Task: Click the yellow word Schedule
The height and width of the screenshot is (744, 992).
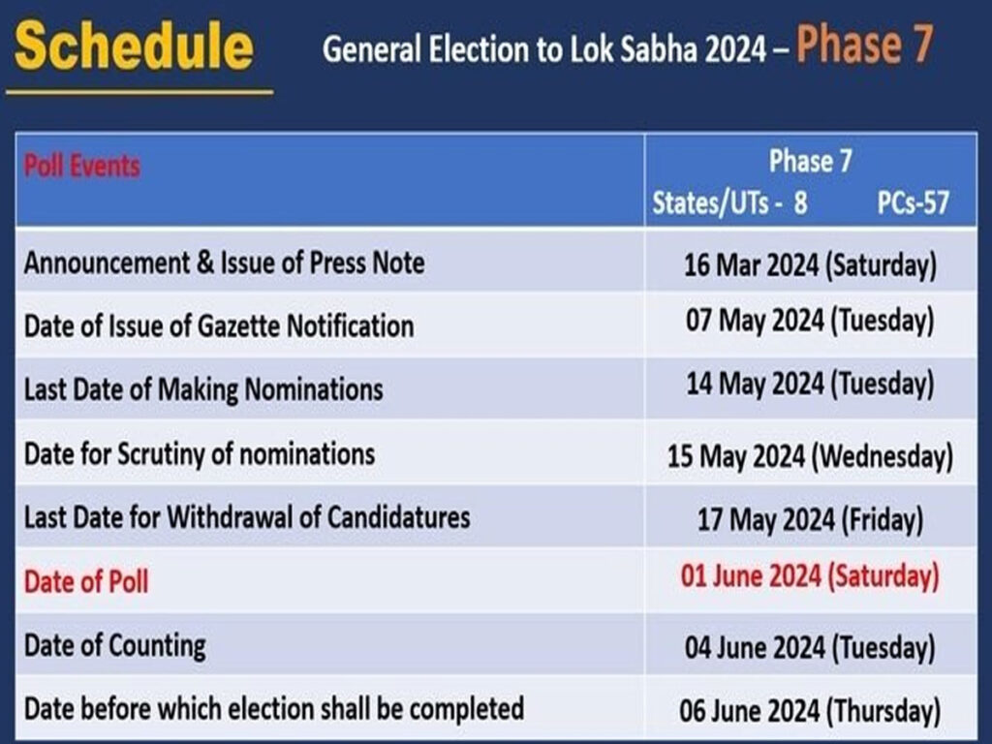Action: click(134, 45)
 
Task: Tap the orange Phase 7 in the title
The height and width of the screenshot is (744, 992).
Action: click(864, 44)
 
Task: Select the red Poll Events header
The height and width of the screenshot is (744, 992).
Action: click(81, 166)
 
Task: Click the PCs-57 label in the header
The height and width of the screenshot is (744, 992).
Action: click(913, 203)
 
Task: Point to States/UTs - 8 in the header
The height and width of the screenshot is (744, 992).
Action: click(729, 203)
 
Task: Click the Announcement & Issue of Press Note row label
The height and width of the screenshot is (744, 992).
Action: click(224, 263)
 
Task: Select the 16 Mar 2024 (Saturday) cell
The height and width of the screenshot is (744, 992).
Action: click(810, 264)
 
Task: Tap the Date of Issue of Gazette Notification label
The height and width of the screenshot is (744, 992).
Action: click(219, 326)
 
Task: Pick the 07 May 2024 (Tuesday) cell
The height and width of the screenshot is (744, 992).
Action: click(810, 320)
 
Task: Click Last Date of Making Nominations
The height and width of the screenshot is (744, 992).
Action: click(203, 389)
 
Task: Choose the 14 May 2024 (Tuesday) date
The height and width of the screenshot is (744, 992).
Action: click(810, 384)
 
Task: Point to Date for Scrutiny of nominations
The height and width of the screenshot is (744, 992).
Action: click(200, 454)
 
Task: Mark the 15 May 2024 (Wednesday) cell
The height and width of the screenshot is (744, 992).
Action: click(810, 456)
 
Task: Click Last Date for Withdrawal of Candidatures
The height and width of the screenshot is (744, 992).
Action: click(247, 517)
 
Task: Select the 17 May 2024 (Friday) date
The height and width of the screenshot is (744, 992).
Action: click(810, 519)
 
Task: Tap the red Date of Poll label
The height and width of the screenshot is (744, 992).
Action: click(86, 581)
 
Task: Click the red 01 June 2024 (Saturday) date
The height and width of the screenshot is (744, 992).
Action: click(810, 576)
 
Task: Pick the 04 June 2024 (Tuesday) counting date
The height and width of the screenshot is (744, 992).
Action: click(810, 647)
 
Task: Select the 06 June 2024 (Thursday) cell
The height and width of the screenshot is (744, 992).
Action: click(810, 710)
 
